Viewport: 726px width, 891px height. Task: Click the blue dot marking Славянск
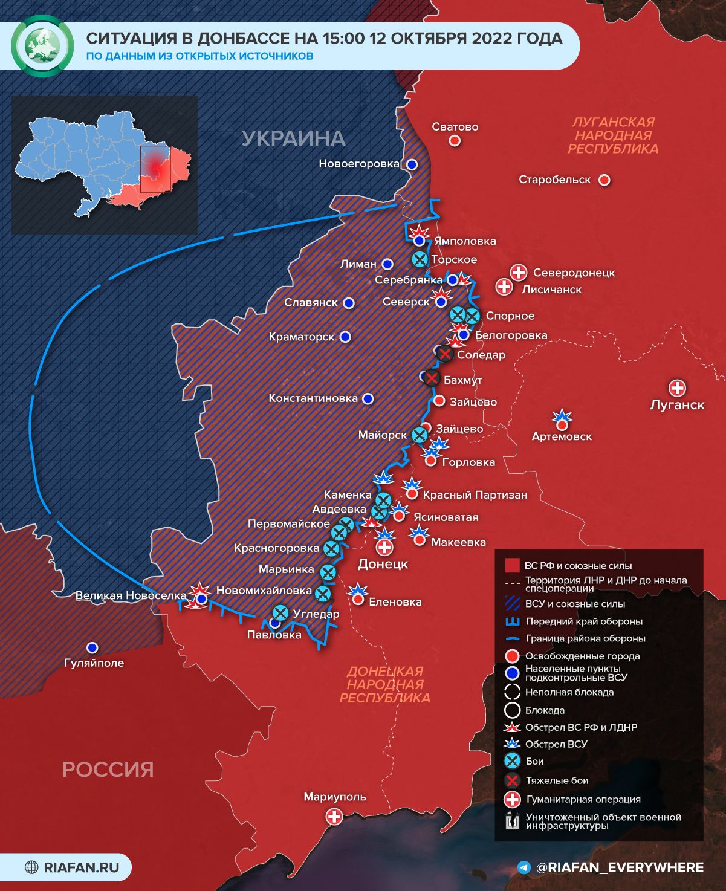pos(349,303)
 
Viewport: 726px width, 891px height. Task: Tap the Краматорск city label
pos(302,337)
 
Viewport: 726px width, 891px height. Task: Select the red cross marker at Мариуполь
pos(334,817)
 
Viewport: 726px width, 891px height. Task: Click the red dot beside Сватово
pos(455,141)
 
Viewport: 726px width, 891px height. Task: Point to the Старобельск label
pos(554,180)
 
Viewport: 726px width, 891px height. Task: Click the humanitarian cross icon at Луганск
pos(677,388)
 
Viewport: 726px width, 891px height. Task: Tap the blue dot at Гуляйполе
pos(92,647)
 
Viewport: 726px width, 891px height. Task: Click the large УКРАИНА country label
pos(293,138)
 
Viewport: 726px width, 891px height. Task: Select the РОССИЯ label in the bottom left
pos(108,769)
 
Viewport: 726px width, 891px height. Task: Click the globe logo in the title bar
pos(42,47)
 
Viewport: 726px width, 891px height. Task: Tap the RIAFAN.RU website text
pos(81,868)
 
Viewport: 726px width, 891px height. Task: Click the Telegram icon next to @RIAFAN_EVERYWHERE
pos(525,868)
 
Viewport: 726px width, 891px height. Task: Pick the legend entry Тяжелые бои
pos(557,780)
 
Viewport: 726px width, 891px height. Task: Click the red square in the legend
pos(512,566)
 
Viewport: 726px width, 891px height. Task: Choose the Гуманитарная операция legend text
pos(583,799)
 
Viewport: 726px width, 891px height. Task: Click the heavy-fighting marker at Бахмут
pos(431,379)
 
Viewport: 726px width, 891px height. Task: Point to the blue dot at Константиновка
pos(368,399)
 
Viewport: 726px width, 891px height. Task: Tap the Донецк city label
pos(383,564)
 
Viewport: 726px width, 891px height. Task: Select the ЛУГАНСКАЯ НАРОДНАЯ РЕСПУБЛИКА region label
pos(613,135)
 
